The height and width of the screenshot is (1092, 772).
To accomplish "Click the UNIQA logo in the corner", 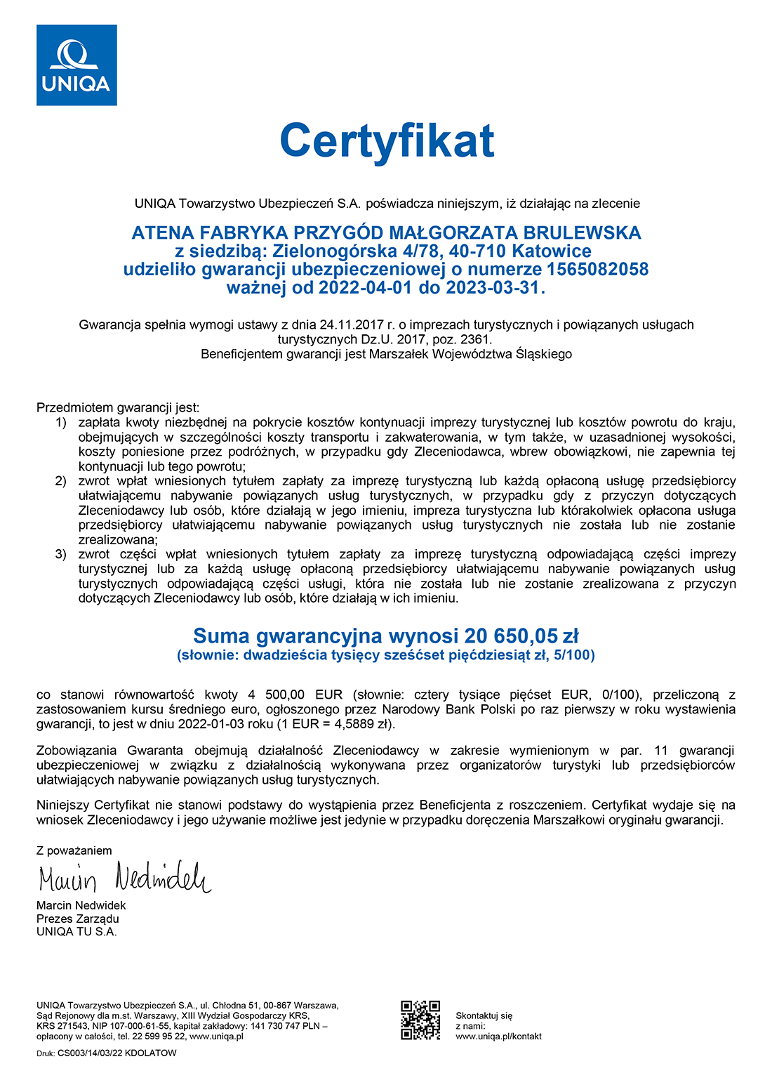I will (76, 65).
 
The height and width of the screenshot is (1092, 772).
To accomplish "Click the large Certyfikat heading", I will (387, 141).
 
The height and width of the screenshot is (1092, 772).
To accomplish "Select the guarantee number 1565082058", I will (597, 270).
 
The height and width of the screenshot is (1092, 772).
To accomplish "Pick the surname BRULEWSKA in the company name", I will (583, 233).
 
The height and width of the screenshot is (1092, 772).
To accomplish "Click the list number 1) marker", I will (61, 423).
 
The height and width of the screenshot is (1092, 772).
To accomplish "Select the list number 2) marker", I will (61, 481).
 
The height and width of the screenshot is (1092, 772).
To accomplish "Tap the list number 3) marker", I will (61, 555).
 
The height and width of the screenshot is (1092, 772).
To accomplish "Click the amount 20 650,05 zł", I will (521, 636).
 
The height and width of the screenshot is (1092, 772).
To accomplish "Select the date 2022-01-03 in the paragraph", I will (208, 724).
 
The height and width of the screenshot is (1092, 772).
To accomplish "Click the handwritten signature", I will (124, 878).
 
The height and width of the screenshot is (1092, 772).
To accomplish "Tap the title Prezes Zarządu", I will (78, 919).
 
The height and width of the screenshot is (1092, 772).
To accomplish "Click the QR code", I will (420, 1020).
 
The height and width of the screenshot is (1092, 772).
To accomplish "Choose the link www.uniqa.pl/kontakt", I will (498, 1037).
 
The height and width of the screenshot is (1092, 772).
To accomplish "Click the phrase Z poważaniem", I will (74, 850).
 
